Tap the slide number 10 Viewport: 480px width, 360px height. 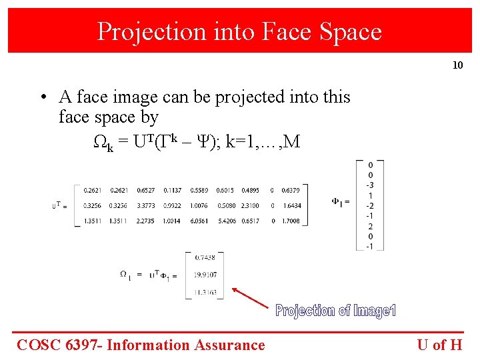pos(457,65)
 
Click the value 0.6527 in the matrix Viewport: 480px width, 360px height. pos(146,190)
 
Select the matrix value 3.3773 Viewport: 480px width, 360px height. pos(146,205)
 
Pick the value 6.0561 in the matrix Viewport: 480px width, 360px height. pos(199,221)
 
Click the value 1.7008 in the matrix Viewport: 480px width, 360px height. pos(291,221)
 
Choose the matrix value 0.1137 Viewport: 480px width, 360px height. pos(172,190)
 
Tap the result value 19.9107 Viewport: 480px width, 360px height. pos(206,274)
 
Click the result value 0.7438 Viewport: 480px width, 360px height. pos(206,257)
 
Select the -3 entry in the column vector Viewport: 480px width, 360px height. pos(370,185)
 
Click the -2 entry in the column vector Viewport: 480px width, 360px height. pos(370,205)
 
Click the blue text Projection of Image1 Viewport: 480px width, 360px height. pos(336,311)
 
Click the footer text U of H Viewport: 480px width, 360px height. pos(439,345)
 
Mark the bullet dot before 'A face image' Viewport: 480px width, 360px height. pos(41,97)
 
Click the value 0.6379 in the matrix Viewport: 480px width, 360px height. pos(291,190)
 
